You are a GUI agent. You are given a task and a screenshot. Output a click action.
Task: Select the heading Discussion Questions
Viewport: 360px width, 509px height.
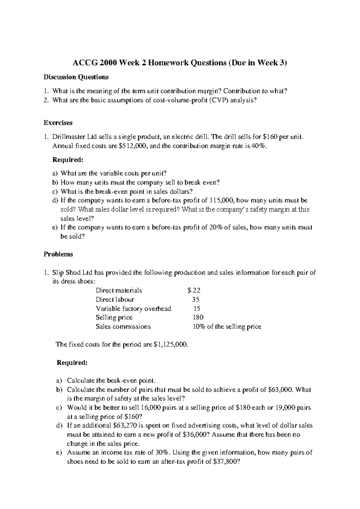76,77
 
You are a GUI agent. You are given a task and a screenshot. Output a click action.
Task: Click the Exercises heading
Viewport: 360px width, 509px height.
58,123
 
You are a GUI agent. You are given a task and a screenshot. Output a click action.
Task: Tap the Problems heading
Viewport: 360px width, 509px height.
58,254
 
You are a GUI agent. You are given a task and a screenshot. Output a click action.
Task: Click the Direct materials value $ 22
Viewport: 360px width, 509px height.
194,291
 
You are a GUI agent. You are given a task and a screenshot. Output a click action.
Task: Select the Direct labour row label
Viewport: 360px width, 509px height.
115,300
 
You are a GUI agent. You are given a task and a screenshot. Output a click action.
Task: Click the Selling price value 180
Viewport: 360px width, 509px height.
198,318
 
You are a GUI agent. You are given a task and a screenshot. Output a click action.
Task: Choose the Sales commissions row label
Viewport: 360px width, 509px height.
123,327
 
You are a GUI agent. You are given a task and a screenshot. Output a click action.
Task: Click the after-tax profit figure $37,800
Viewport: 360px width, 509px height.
226,462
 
